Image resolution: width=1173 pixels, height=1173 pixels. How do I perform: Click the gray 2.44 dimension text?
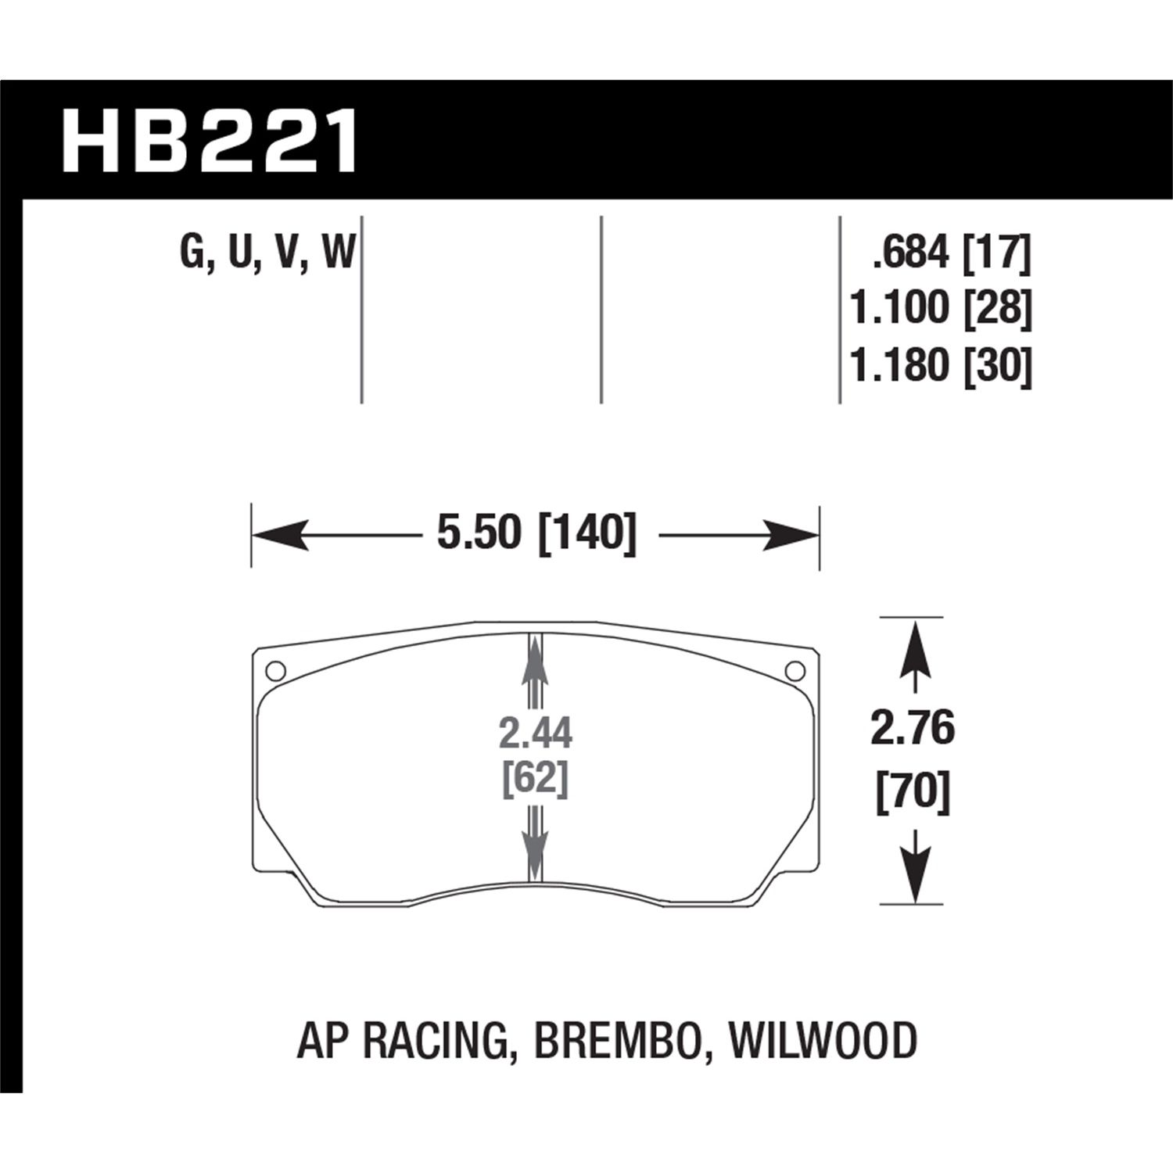[536, 734]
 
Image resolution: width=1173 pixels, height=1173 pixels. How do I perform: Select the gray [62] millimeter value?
[536, 779]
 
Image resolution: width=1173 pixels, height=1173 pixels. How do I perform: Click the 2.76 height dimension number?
[913, 729]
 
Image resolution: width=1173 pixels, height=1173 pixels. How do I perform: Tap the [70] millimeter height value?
[913, 791]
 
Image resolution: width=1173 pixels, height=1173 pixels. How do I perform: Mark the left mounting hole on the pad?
[274, 670]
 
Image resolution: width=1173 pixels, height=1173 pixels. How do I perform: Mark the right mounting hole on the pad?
[795, 670]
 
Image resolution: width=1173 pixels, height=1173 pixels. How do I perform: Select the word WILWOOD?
[821, 1041]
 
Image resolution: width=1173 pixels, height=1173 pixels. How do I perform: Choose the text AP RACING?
[399, 1041]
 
